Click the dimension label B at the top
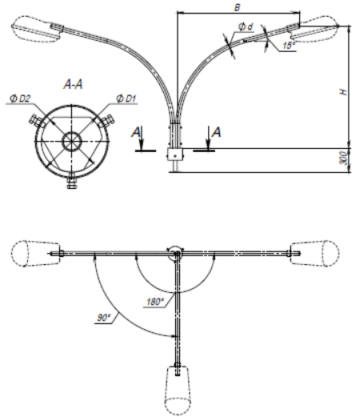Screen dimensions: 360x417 pyautogui.click(x=237, y=7)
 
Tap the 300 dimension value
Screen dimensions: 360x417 pyautogui.click(x=344, y=158)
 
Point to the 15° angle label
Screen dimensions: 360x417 pyautogui.click(x=289, y=46)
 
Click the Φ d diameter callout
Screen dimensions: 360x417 pyautogui.click(x=246, y=26)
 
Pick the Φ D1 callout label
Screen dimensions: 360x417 pyautogui.click(x=126, y=98)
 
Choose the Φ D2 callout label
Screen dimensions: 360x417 pyautogui.click(x=20, y=98)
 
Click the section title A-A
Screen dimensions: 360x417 pyautogui.click(x=73, y=85)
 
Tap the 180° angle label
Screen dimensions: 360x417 pyautogui.click(x=154, y=302)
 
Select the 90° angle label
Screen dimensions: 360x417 pyautogui.click(x=103, y=318)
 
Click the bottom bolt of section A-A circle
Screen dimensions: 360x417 pyautogui.click(x=71, y=182)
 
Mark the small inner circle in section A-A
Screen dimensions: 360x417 pyautogui.click(x=71, y=142)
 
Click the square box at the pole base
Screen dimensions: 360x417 pyautogui.click(x=175, y=154)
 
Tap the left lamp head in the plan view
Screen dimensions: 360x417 pyautogui.click(x=35, y=253)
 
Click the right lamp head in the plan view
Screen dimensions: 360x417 pyautogui.click(x=314, y=253)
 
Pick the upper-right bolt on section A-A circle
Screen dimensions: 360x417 pyautogui.click(x=106, y=122)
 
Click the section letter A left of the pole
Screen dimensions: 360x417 pyautogui.click(x=136, y=133)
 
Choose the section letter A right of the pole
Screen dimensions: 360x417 pyautogui.click(x=216, y=132)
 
